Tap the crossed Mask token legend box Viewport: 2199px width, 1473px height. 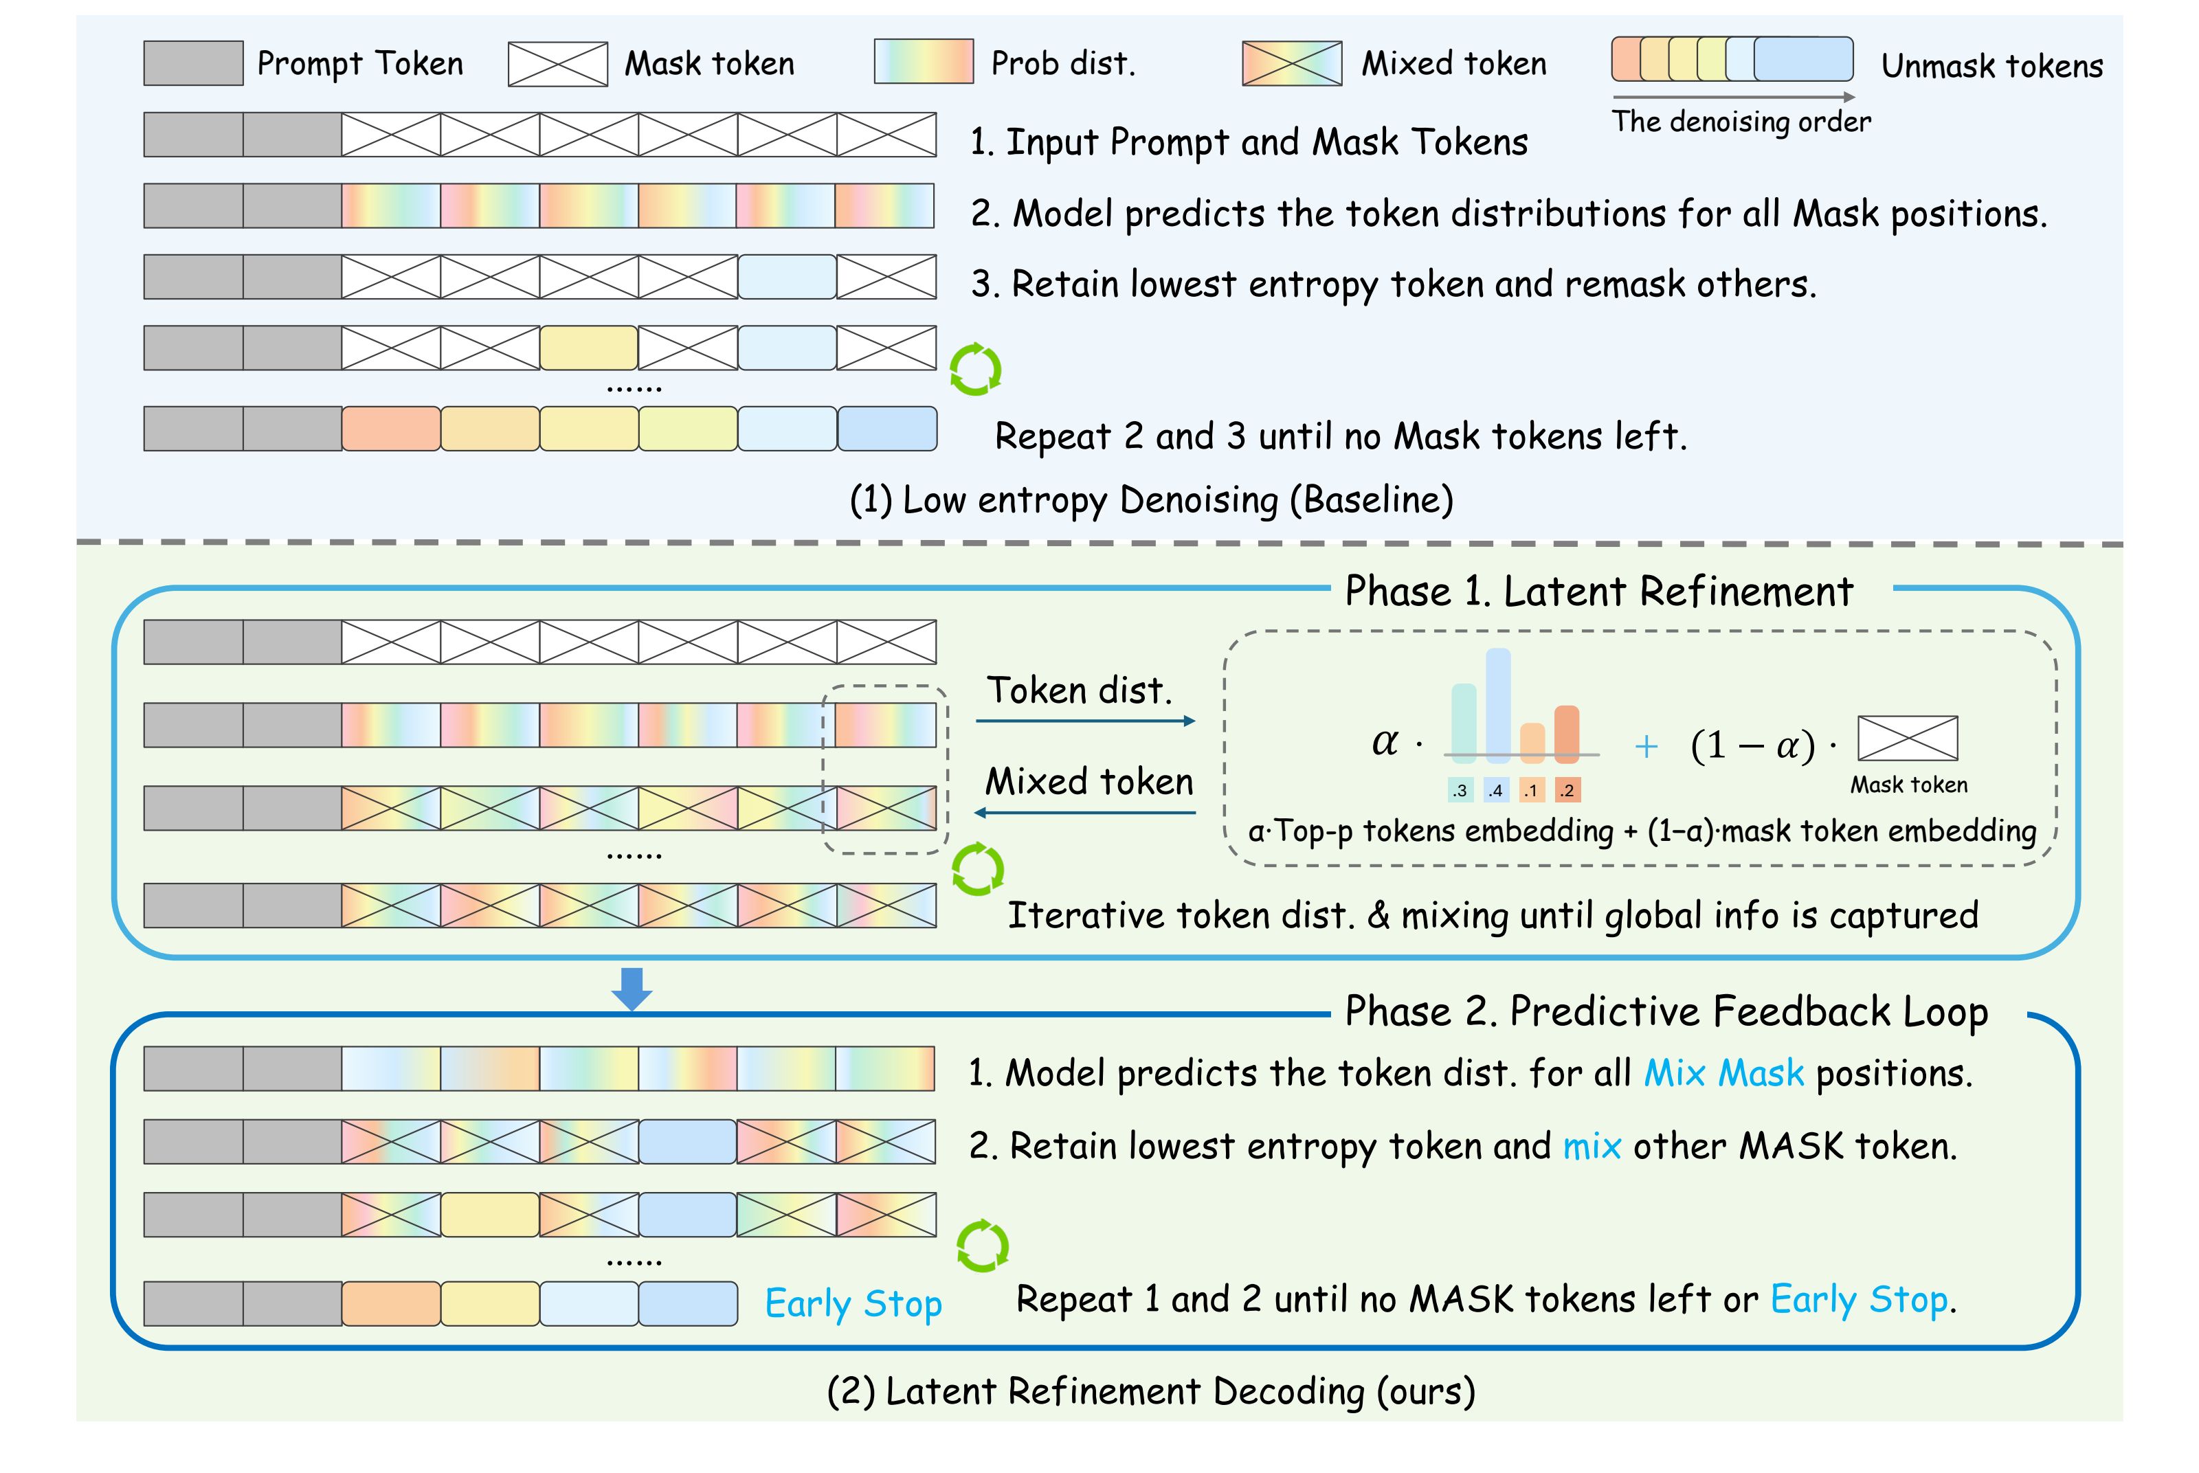[x=557, y=64]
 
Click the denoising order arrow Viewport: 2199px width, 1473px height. [x=1732, y=97]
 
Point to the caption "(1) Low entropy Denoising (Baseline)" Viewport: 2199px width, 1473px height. [x=1150, y=499]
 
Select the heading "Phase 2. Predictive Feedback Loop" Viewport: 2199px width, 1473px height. [x=1666, y=1012]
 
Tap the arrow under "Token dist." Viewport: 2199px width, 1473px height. [x=1085, y=721]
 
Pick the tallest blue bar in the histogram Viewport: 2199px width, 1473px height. [x=1497, y=705]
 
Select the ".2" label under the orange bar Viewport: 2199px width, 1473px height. [x=1566, y=790]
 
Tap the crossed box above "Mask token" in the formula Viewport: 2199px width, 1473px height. [x=1907, y=739]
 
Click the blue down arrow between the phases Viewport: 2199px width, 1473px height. [x=632, y=988]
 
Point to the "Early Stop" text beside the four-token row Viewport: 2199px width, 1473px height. [x=852, y=1304]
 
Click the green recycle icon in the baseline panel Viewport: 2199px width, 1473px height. [x=975, y=369]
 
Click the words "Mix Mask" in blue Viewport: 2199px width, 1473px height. [x=1723, y=1074]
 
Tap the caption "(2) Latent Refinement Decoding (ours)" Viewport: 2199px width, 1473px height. [x=1150, y=1391]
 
